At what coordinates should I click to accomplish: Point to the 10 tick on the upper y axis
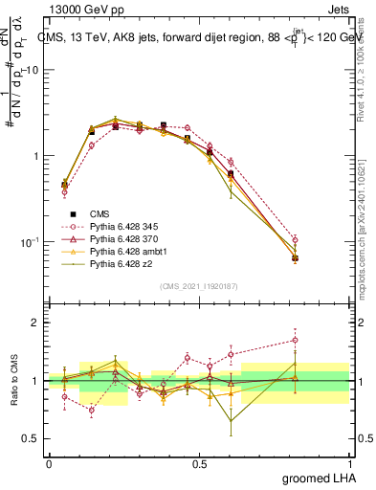[x=33, y=71]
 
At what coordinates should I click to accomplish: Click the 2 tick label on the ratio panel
[x=35, y=323]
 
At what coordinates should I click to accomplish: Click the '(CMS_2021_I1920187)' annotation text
[x=198, y=286]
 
